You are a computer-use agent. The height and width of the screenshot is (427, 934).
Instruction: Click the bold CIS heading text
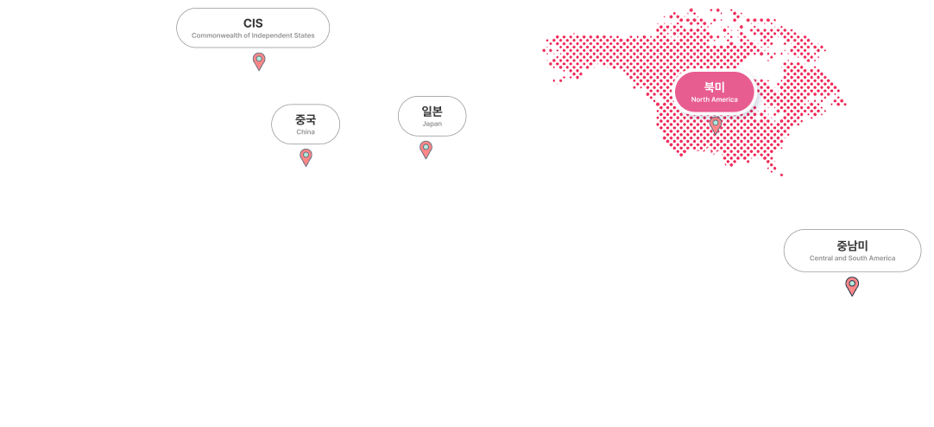[253, 22]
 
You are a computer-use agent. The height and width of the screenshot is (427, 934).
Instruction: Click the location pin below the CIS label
[259, 61]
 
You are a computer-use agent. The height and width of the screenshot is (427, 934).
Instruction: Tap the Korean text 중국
[306, 119]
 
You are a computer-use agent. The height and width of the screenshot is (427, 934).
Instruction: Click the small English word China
[306, 132]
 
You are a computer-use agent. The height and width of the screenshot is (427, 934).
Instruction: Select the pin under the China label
[306, 156]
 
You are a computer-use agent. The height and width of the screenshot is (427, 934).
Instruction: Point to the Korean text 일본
[432, 111]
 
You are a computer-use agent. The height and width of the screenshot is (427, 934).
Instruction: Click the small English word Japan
[432, 124]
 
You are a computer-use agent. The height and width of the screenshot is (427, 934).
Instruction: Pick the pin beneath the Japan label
[426, 149]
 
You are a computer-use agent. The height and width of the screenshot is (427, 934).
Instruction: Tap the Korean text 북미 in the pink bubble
[714, 86]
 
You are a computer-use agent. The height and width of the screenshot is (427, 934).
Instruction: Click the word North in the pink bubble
[700, 99]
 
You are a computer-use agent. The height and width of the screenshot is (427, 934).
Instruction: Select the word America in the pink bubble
[724, 99]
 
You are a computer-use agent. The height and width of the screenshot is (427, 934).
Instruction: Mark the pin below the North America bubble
[715, 124]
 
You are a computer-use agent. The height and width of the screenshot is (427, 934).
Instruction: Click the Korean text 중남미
[852, 245]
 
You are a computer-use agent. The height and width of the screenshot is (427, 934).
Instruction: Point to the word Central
[821, 258]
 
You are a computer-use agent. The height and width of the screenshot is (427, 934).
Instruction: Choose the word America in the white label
[882, 258]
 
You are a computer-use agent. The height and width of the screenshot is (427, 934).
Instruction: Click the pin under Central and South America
[852, 284]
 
